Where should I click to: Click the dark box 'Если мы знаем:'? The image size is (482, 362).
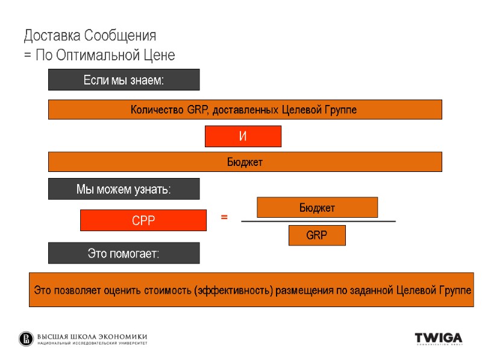[x=124, y=80]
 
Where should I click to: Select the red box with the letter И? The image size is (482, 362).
[x=243, y=136]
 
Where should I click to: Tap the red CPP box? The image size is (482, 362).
[x=143, y=220]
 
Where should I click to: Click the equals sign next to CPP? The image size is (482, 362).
[x=224, y=217]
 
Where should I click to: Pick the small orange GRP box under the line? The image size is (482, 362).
[x=317, y=235]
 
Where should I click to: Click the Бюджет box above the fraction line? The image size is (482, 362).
[x=317, y=208]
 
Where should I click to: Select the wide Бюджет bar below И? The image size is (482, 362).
[x=245, y=162]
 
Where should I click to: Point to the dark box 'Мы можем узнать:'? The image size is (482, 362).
[x=124, y=189]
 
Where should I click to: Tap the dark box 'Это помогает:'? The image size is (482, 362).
[x=124, y=253]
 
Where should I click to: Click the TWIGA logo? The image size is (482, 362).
[x=439, y=338]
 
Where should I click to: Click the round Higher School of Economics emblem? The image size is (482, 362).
[x=27, y=339]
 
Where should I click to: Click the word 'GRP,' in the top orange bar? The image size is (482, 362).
[x=199, y=110]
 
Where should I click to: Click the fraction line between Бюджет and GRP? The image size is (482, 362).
[x=318, y=222]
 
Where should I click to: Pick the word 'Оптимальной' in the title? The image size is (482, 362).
[x=97, y=56]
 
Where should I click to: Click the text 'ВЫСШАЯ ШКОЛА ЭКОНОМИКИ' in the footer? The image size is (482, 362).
[x=92, y=337]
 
